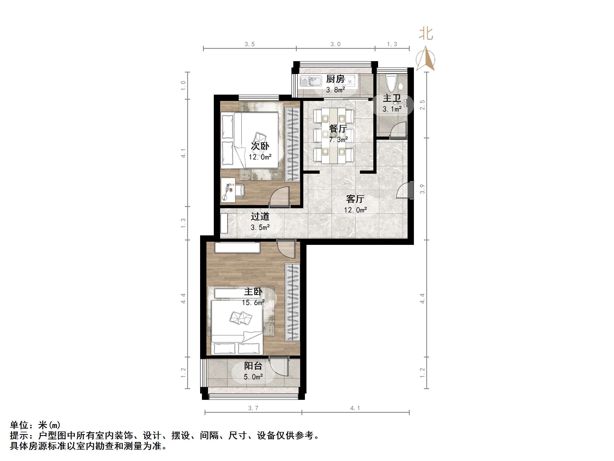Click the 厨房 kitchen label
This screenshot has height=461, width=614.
point(335,79)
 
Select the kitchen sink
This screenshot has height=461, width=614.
point(311,81)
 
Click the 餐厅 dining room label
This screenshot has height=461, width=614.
point(338,129)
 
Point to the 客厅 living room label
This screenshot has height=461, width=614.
point(355,199)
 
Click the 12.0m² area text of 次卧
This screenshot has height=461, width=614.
point(260,157)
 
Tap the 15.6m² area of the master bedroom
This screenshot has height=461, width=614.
point(253,302)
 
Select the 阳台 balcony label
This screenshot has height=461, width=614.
point(253,366)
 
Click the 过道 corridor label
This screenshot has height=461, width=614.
point(260,216)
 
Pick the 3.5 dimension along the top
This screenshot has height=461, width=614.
point(250,44)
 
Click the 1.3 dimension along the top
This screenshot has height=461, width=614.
point(392,44)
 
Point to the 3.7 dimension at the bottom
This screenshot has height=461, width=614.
point(253,408)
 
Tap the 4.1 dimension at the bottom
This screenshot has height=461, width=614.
point(355,408)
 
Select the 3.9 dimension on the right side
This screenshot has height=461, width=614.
point(422,189)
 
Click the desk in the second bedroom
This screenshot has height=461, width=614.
point(228,190)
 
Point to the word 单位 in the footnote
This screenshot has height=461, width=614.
point(19,425)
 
